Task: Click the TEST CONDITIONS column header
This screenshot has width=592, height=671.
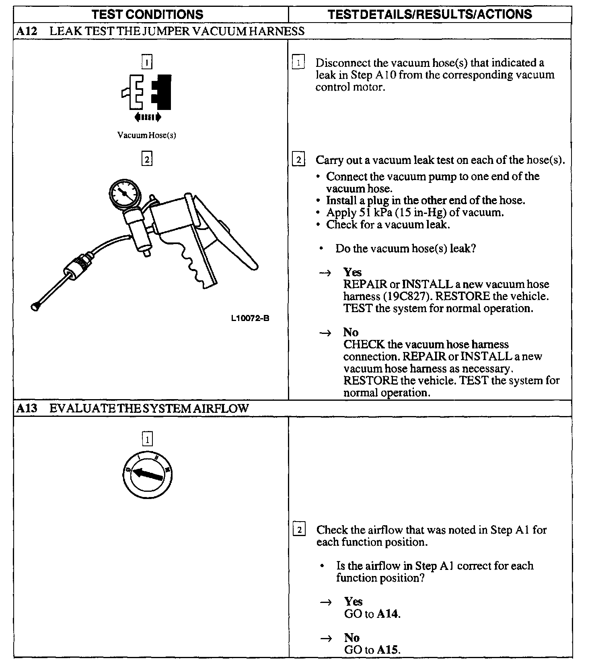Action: [147, 14]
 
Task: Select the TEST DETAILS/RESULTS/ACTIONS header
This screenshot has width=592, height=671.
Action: [430, 14]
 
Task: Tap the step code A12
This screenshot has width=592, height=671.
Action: [27, 31]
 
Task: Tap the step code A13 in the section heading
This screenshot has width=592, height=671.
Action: [27, 408]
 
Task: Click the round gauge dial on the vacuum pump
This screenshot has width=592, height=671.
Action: [125, 194]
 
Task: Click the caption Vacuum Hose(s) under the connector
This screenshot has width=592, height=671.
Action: [147, 135]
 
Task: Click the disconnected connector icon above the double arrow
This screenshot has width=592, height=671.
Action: [147, 92]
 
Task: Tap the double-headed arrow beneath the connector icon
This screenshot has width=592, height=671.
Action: [148, 117]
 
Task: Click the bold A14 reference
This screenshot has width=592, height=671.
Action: [388, 614]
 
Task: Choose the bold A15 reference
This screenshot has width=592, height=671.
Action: [388, 650]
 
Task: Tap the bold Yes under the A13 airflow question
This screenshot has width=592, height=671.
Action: [353, 602]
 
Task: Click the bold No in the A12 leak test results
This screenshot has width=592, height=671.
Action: [351, 332]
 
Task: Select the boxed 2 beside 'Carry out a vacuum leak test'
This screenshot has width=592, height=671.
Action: [298, 160]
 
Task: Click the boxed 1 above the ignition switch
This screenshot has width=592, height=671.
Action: [147, 439]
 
